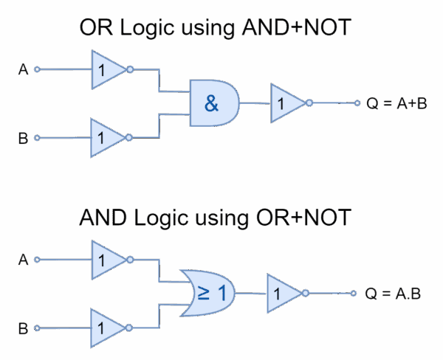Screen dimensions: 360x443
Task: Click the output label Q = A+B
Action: click(397, 103)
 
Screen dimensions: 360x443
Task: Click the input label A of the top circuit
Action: click(23, 70)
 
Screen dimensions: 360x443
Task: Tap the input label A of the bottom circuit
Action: click(23, 260)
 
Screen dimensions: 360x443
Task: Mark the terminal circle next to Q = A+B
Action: click(357, 103)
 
